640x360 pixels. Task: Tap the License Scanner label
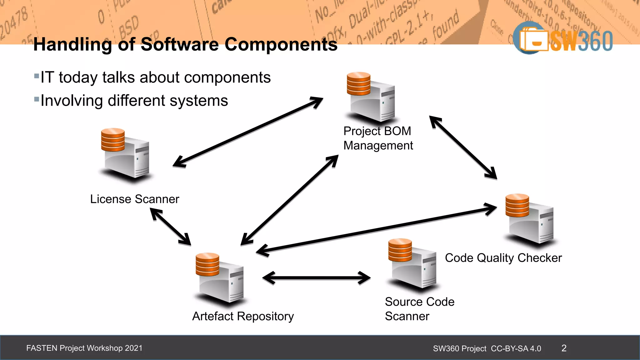point(134,199)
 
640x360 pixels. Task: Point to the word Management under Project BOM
point(378,146)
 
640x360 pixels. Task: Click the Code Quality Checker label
point(503,258)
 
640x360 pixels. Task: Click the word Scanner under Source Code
point(407,316)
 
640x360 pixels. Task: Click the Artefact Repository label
point(243,316)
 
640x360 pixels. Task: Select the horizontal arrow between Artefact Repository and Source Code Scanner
point(316,277)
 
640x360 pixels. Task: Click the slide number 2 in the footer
point(564,348)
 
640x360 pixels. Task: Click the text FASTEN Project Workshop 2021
point(84,348)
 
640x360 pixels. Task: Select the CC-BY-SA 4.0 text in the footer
point(516,348)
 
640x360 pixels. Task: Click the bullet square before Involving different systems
point(37,100)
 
